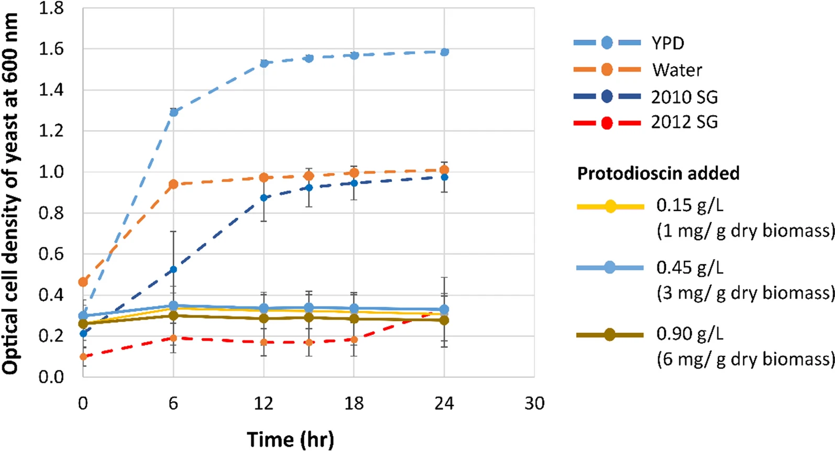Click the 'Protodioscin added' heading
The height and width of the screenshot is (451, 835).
tap(658, 173)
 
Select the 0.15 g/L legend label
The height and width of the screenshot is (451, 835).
tap(689, 205)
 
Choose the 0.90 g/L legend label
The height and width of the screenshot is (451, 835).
tap(689, 333)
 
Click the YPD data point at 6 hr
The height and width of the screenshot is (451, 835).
tap(173, 112)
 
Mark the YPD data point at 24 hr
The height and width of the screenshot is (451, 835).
tap(444, 52)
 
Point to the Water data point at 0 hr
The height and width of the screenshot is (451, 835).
tap(83, 282)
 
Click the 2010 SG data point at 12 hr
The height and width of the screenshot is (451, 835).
tap(263, 198)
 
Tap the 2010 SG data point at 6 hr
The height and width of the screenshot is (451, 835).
tap(173, 270)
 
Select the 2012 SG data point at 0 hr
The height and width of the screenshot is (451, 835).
tap(83, 357)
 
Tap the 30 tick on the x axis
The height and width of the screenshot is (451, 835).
tap(534, 403)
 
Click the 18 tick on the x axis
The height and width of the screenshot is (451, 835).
tap(354, 403)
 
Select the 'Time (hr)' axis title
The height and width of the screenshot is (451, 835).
tap(290, 439)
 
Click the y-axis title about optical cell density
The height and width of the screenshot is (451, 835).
tap(10, 194)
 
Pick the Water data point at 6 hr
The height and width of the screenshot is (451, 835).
tap(173, 184)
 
